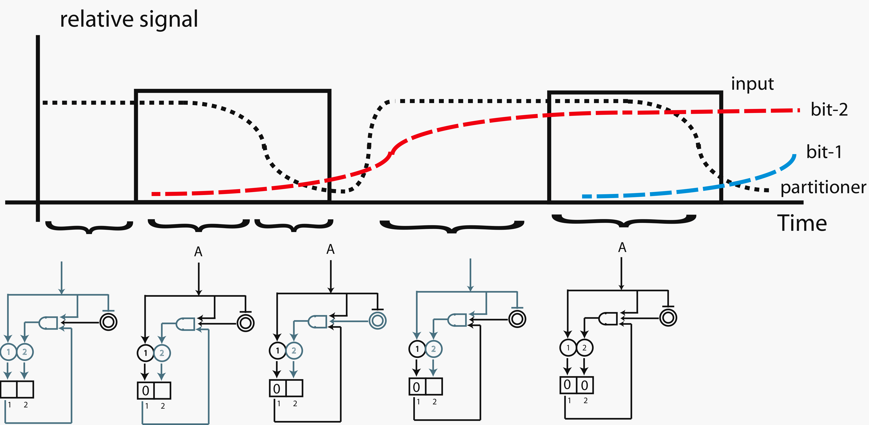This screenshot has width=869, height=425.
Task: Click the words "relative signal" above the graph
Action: [129, 20]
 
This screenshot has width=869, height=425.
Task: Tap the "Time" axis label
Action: [802, 224]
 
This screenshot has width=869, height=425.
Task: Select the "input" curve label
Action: [752, 84]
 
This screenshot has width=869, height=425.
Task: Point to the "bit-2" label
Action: [829, 110]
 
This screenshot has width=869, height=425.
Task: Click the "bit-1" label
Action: [824, 152]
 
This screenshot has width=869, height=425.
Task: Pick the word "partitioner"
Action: [823, 187]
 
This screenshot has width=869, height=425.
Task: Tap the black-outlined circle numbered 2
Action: [585, 348]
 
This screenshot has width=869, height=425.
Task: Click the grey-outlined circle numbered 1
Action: [8, 352]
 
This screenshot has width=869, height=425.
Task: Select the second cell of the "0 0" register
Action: [585, 385]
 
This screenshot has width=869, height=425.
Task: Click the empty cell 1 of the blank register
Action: [8, 389]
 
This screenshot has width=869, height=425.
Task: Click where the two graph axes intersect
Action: [38, 202]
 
